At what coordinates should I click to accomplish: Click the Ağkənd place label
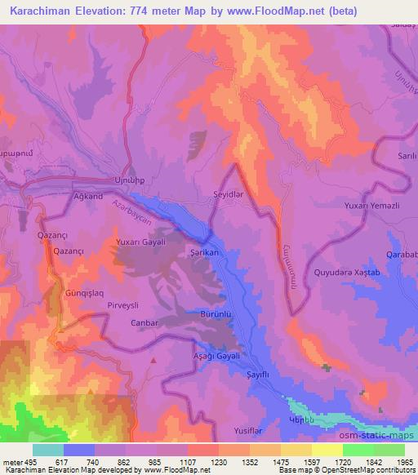point(87,197)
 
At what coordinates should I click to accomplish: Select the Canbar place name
point(144,323)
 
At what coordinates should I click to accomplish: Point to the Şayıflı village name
point(258,373)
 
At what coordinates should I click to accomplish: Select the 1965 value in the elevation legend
point(401,462)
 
